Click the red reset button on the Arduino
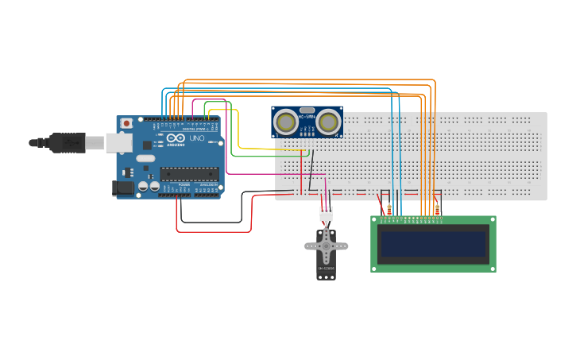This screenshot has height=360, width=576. click(x=126, y=123)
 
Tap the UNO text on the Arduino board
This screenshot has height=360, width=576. click(x=196, y=138)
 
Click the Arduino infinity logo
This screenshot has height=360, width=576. click(x=176, y=138)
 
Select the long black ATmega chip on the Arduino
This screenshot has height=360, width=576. click(x=188, y=173)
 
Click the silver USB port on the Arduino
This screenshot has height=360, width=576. click(x=119, y=142)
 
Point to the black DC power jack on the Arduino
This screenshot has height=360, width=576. click(x=123, y=188)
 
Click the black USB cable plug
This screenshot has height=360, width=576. click(x=67, y=143)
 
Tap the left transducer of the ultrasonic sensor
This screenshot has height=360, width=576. click(x=286, y=122)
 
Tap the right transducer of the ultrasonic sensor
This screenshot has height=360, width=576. click(x=328, y=122)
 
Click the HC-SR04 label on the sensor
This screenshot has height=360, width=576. click(x=307, y=117)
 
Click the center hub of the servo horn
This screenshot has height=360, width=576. click(x=326, y=246)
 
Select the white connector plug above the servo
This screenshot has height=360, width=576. click(x=327, y=213)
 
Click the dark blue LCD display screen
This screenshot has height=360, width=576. click(x=433, y=244)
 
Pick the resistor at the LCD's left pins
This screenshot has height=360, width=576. click(x=389, y=210)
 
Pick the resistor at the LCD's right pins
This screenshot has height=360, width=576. click(x=438, y=210)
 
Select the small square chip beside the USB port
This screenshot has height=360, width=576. click(x=147, y=145)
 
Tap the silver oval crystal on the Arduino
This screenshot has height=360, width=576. click(x=145, y=158)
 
